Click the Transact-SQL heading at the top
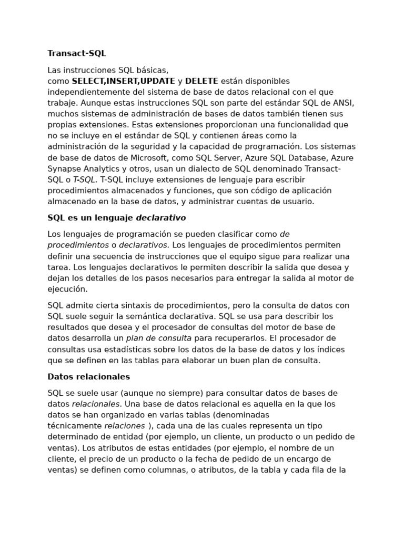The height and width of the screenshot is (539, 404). coord(77,53)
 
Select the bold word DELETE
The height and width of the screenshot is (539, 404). coord(201,81)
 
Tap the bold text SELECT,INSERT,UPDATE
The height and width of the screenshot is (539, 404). coord(124,81)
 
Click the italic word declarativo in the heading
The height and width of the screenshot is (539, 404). coord(161,217)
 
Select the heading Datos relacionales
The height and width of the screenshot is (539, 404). coord(88,377)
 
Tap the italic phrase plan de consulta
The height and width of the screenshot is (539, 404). coord(159,338)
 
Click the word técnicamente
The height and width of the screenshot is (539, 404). coord(75,426)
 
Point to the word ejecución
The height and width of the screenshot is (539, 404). coord(67,289)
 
